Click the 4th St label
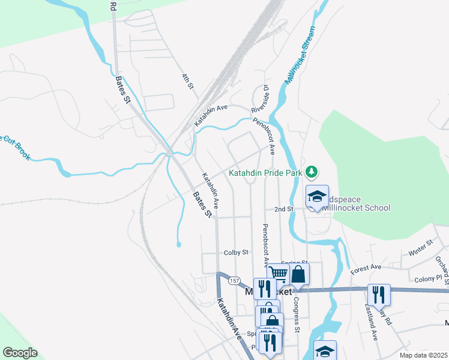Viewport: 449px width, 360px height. click(x=188, y=81)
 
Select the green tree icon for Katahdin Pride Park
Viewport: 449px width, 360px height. click(x=311, y=173)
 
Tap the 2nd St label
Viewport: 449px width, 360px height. click(x=283, y=209)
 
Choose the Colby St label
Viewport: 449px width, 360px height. click(x=236, y=253)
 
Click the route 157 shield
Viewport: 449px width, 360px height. click(x=234, y=280)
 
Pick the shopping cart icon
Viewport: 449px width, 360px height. click(x=278, y=274)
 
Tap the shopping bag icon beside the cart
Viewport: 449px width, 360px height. click(x=298, y=274)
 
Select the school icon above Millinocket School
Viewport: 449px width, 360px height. click(x=317, y=196)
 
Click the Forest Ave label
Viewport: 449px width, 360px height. click(x=366, y=266)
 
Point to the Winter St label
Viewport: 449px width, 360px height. click(x=421, y=247)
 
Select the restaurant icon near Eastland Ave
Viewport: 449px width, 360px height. click(x=378, y=294)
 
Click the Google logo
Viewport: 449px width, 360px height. click(x=20, y=352)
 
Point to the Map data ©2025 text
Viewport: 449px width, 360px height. click(x=423, y=355)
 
